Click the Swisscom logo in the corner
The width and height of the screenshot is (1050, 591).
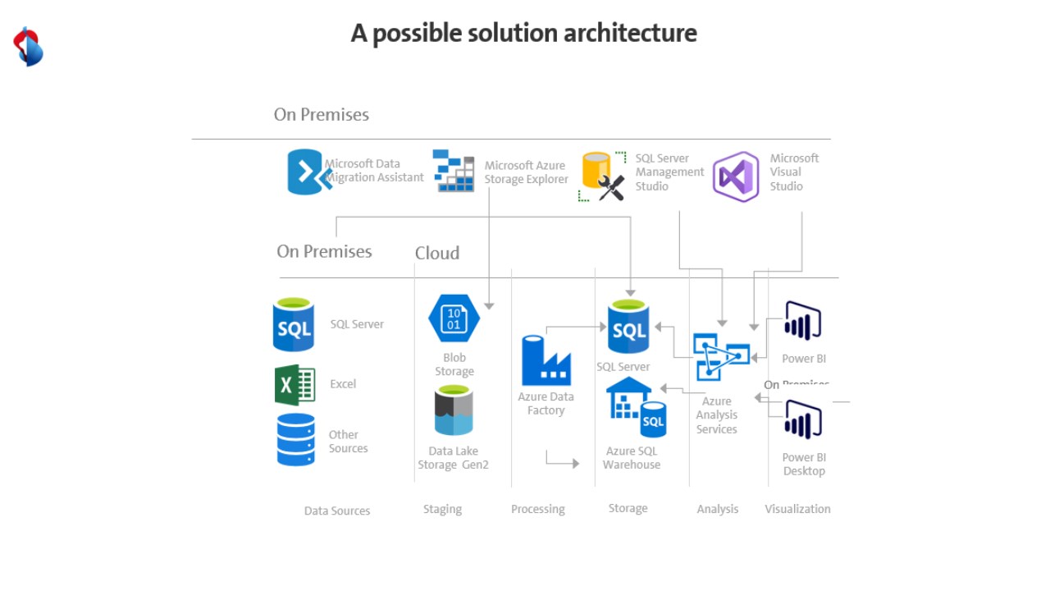(x=28, y=47)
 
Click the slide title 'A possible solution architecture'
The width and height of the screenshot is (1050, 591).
(x=523, y=34)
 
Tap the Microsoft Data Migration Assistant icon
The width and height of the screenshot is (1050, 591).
(x=305, y=172)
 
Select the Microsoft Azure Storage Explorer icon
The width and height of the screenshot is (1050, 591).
(x=454, y=171)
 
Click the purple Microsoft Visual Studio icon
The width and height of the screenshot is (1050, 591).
(x=736, y=176)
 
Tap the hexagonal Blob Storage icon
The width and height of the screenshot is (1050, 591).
(x=454, y=318)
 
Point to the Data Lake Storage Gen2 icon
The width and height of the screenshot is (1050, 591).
(x=454, y=410)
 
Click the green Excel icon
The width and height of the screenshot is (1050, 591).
(x=294, y=385)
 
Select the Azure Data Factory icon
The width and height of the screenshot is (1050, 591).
(x=546, y=360)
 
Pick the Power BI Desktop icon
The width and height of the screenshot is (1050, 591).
(x=803, y=420)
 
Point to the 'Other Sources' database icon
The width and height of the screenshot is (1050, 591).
(x=295, y=440)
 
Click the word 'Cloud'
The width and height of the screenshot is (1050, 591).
(x=437, y=253)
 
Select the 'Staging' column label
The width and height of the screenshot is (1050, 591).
(x=442, y=510)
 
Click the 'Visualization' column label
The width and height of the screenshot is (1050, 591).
(x=797, y=509)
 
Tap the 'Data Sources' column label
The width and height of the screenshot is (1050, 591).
(x=337, y=511)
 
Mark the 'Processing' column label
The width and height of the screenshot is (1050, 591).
(x=538, y=509)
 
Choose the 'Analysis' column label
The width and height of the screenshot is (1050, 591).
(x=718, y=509)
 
